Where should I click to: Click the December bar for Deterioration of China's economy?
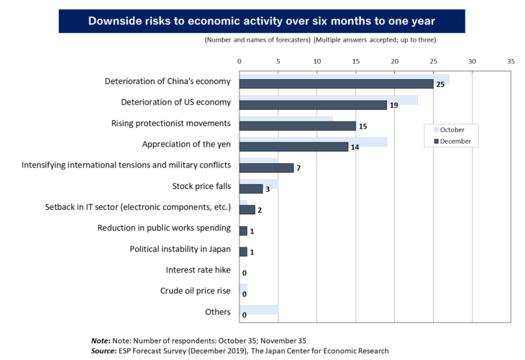pos(336,84)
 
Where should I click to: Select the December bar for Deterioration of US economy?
pos(313,105)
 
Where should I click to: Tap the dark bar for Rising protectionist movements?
pos(297,126)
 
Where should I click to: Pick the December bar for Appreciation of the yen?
pos(293,147)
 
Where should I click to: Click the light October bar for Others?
pos(257,310)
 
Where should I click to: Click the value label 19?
pos(393,106)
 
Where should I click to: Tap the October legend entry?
pos(450,129)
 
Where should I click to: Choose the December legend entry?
pos(452,142)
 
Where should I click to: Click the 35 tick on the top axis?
pos(511,62)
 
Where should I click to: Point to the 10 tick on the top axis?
pos(316,62)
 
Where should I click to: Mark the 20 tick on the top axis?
pos(394,62)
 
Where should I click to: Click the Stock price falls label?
pos(201,186)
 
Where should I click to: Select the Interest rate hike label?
pos(198,269)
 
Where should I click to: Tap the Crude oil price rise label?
pos(195,290)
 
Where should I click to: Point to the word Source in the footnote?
pos(106,351)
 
